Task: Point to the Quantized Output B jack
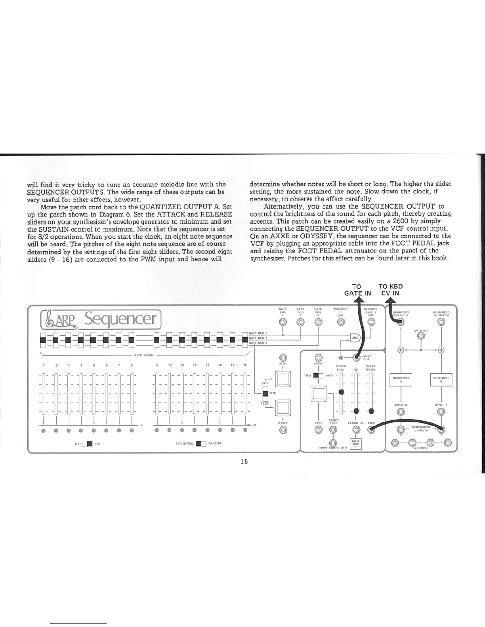[x=441, y=321]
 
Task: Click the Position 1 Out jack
[x=341, y=321]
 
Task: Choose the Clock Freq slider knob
[x=341, y=392]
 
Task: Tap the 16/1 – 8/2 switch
[x=87, y=443]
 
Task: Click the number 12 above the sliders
[x=195, y=365]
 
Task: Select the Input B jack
[x=441, y=412]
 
